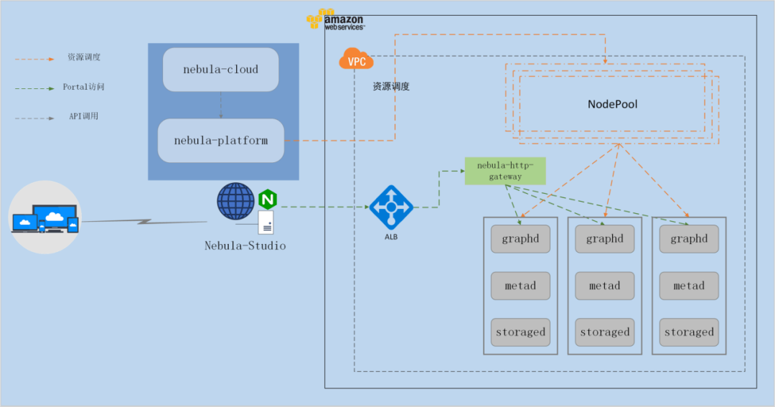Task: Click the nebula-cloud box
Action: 220,70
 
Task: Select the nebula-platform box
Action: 220,141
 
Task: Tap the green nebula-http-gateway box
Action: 505,171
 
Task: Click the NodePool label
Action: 612,104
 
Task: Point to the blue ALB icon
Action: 391,207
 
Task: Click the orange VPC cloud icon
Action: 356,59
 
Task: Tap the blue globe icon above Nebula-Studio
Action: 236,201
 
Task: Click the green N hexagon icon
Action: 268,200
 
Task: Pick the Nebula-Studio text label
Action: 245,245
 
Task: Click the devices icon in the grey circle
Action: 45,217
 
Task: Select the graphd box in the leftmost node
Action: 520,239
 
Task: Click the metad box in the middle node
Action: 604,286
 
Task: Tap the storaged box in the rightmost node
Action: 689,332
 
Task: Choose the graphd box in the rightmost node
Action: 689,239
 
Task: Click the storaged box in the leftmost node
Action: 520,332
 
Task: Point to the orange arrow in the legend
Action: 34,60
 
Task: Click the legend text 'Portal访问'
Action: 83,87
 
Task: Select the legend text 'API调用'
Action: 83,117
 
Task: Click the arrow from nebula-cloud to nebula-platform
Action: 221,106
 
